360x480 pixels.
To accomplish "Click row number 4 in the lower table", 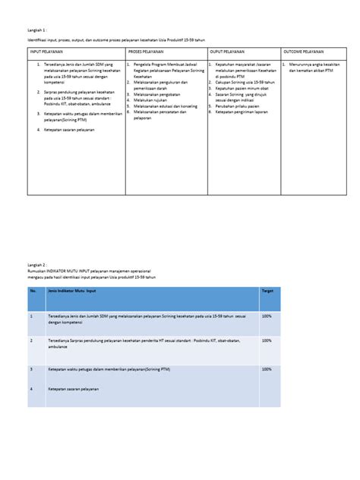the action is point(32,389).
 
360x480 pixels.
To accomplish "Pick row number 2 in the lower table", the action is point(32,341).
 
